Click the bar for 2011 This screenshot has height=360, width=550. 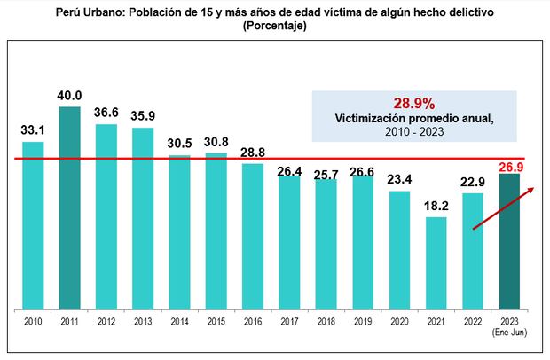coord(70,208)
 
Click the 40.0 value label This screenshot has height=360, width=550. coord(70,95)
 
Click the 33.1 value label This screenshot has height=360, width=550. coord(33,130)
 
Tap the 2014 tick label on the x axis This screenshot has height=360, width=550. coord(180,323)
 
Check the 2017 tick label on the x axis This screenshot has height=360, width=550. coord(290,323)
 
